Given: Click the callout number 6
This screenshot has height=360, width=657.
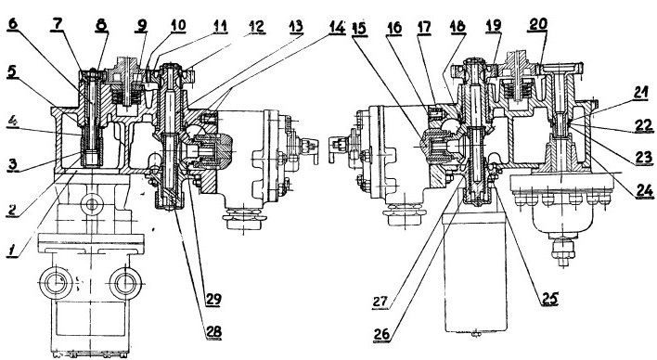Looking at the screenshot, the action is coord(13,23).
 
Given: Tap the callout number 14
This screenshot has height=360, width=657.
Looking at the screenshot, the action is coord(337,27).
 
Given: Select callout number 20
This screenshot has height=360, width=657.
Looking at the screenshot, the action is coord(537,24).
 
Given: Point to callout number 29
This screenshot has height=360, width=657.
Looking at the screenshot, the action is coord(213,300).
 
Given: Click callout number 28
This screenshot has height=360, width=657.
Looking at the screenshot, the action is coord(213,332).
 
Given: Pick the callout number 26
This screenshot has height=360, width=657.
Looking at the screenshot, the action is coord(381,335).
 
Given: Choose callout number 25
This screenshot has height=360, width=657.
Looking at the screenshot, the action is coord(549,299).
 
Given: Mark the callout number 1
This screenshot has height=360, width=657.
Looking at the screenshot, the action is coord(13,251).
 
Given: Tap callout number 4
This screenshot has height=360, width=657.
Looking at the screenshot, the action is coord(13,123).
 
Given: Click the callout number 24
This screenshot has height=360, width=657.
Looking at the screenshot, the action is coord(644,191).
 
